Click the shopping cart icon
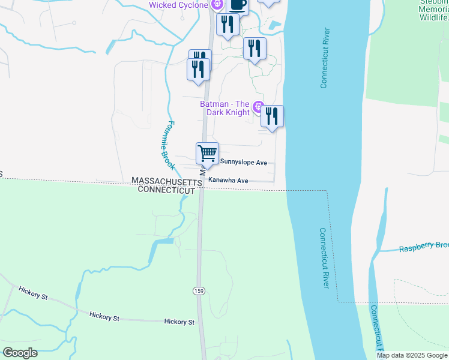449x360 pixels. [207, 153]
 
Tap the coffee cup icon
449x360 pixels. [237, 5]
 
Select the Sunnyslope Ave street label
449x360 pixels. [244, 163]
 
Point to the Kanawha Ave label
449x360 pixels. [228, 180]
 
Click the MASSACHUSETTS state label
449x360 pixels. [166, 181]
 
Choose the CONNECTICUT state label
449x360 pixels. [166, 190]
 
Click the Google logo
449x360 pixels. [20, 353]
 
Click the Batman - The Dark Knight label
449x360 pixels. [225, 108]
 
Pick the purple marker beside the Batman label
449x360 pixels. [259, 108]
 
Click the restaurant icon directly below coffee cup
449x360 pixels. [228, 24]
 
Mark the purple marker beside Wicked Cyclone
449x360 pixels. [217, 5]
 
